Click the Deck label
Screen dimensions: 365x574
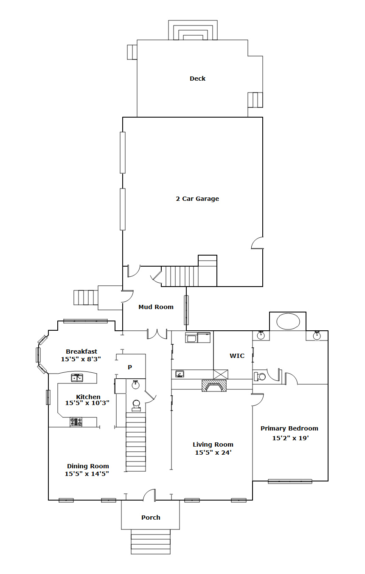(197, 79)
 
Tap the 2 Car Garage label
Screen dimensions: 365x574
(197, 199)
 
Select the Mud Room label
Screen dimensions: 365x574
(156, 307)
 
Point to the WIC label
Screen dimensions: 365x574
(237, 356)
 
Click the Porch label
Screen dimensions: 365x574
(151, 518)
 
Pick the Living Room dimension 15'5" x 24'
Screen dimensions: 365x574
(213, 453)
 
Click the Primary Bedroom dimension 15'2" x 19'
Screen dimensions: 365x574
(290, 438)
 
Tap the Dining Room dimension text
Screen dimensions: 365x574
(87, 474)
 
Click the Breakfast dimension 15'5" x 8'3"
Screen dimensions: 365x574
(81, 359)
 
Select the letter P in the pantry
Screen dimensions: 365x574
(130, 367)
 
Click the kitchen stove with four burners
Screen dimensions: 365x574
(76, 422)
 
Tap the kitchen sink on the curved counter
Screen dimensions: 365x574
(77, 378)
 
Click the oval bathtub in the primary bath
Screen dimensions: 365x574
(288, 321)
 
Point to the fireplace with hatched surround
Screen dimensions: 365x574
(214, 385)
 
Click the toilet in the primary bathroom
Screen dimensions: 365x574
(260, 377)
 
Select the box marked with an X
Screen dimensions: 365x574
(221, 374)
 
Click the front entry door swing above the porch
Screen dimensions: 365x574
(149, 495)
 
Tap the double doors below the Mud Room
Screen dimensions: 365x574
(157, 335)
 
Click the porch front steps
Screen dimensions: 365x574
(151, 542)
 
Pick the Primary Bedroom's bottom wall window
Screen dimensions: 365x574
(290, 481)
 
